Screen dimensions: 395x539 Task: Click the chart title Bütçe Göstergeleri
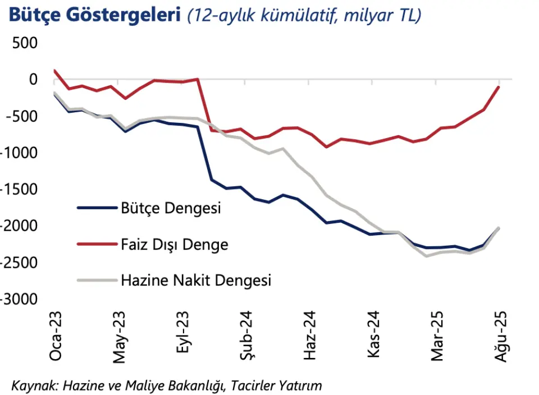click(92, 15)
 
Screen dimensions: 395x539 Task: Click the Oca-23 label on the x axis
click(56, 335)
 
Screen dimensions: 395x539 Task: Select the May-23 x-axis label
click(120, 335)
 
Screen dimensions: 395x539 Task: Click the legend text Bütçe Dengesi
click(171, 209)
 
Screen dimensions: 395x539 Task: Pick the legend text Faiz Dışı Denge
click(175, 244)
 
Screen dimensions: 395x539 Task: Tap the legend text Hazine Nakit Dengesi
click(196, 279)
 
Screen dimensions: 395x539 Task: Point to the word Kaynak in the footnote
click(33, 385)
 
